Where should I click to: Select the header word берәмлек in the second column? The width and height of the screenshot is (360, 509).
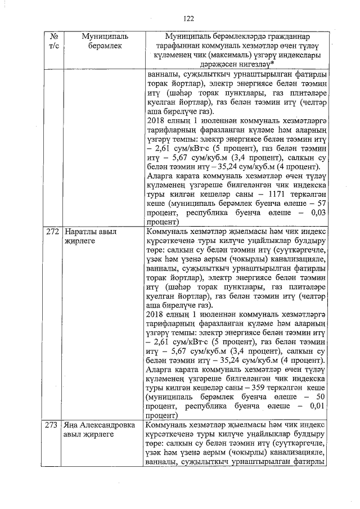105,46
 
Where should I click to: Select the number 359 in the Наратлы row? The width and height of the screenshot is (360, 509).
259,388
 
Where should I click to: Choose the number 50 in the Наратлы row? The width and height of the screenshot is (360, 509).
323,397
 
